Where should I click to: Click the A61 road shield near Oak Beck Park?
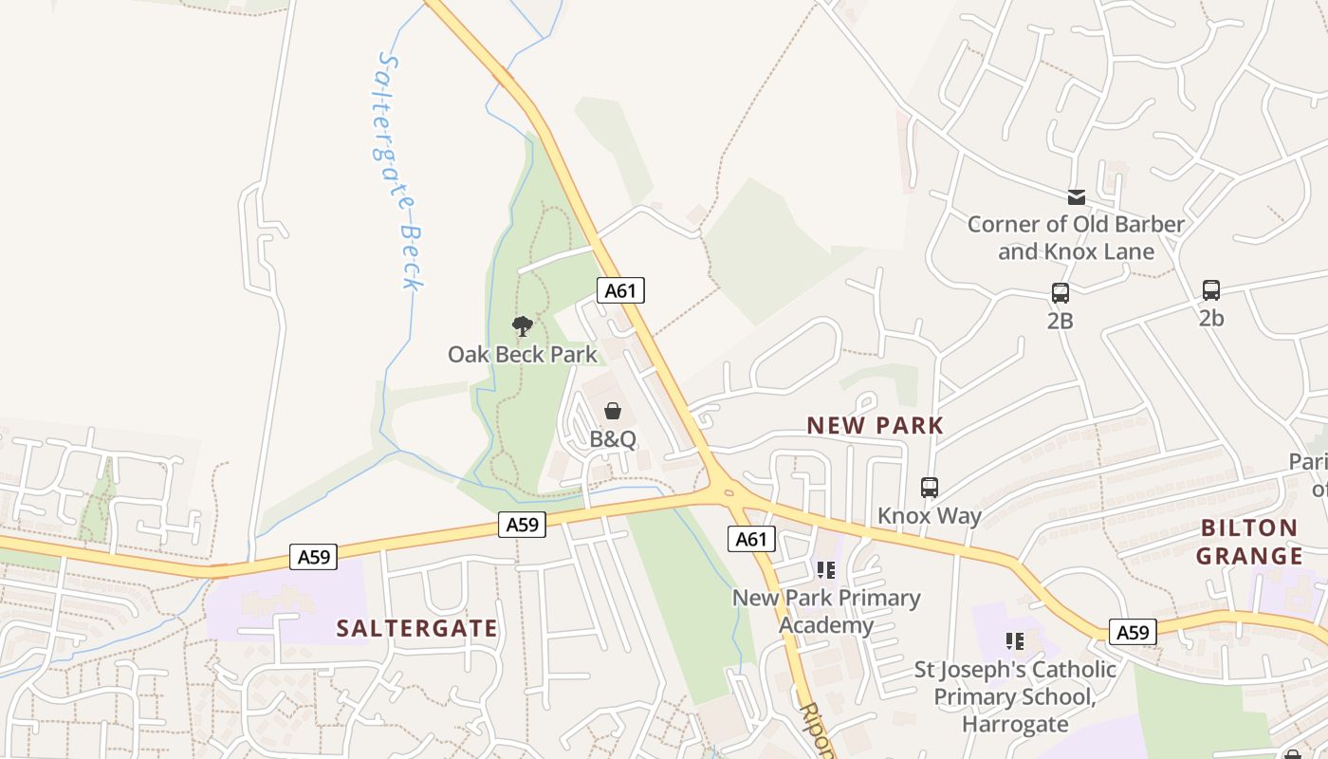tap(620, 290)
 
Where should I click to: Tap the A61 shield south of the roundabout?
tap(751, 539)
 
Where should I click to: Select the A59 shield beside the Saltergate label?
tap(314, 557)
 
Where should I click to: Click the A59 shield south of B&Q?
tap(522, 524)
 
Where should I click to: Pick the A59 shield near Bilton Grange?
tap(1133, 632)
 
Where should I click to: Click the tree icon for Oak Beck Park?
tap(522, 327)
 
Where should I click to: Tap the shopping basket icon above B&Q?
tap(613, 411)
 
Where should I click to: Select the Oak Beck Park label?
tap(523, 355)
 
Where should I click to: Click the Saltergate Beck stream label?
tap(398, 171)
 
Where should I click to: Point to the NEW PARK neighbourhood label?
tap(876, 426)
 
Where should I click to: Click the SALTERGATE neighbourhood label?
tap(417, 628)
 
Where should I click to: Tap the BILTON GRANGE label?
tap(1249, 542)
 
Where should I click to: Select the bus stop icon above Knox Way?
tap(930, 488)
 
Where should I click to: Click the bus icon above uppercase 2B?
tap(1061, 293)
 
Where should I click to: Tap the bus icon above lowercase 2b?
tap(1211, 290)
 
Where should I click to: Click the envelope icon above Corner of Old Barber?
tap(1076, 197)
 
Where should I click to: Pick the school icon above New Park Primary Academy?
tap(826, 569)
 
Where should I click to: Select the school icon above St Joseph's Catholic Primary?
tap(1015, 641)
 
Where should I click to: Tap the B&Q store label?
tap(613, 440)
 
